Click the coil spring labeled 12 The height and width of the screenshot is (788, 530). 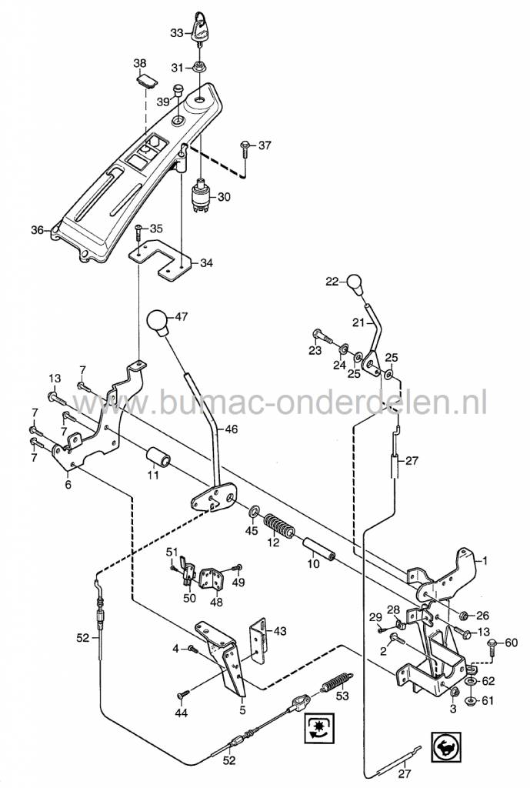(280, 529)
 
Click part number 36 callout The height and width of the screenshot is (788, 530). (36, 229)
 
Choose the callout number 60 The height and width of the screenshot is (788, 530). (512, 643)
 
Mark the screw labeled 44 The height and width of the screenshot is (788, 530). (183, 694)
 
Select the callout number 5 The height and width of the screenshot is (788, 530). (243, 710)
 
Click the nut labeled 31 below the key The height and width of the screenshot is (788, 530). (199, 67)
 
